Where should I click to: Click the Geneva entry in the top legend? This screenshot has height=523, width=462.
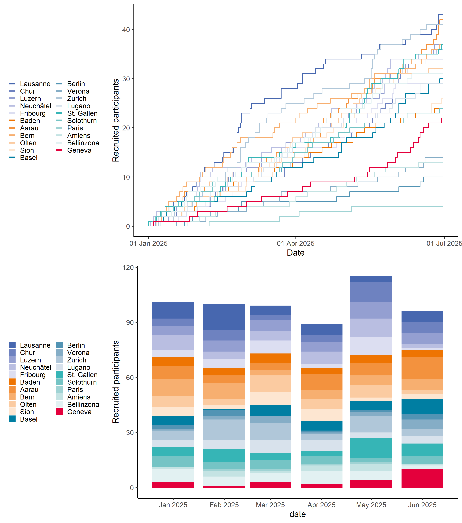point(79,150)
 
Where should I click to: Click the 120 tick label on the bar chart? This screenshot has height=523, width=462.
point(128,267)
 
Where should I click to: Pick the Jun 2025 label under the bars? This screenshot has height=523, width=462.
point(422,505)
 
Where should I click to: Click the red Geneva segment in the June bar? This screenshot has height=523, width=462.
point(422,478)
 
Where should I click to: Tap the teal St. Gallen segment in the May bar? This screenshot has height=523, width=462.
point(371,448)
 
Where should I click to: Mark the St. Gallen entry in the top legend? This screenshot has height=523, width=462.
point(82,113)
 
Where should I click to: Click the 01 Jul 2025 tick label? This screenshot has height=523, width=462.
point(444,243)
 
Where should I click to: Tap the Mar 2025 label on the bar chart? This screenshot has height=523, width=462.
point(270,505)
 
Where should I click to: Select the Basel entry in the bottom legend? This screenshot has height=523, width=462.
point(29,419)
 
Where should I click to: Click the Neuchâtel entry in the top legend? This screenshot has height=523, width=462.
point(36,106)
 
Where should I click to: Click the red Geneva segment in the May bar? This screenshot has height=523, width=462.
point(371,484)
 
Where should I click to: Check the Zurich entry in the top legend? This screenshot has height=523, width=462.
point(77,99)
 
